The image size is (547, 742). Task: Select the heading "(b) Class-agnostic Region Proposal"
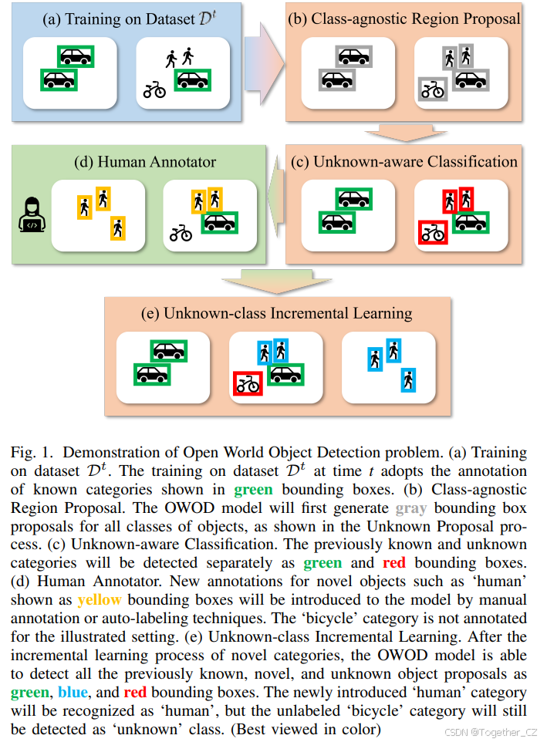pos(403,18)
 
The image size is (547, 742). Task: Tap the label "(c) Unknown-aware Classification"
pos(403,161)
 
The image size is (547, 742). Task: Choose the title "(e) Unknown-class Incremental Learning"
pos(276,313)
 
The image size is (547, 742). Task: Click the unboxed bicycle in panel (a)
pos(155,90)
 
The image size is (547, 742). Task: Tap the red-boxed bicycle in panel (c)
pos(433,232)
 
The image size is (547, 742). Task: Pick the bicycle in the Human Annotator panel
pos(181,232)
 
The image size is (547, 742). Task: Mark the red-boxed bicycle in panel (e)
pos(248,383)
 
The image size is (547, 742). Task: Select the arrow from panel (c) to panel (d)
pos(275,206)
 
